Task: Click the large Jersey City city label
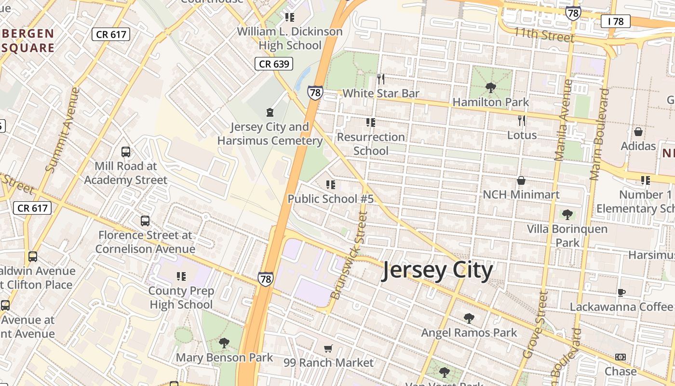point(437,271)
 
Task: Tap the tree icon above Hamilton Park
point(491,88)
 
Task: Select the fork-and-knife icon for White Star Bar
point(381,79)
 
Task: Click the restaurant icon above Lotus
point(522,120)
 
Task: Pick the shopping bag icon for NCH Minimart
point(521,180)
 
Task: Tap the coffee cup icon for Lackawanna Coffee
point(621,292)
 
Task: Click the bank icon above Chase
point(621,357)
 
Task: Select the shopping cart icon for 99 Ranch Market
point(328,348)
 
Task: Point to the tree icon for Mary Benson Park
point(224,343)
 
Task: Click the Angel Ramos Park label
point(469,332)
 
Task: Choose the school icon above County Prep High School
point(181,276)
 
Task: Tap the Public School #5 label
point(331,199)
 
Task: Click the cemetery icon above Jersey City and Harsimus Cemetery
point(270,113)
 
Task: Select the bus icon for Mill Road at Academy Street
point(126,152)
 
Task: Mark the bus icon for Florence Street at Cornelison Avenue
point(145,221)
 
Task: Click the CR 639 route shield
point(274,64)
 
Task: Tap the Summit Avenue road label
point(62,129)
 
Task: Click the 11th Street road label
point(544,35)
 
